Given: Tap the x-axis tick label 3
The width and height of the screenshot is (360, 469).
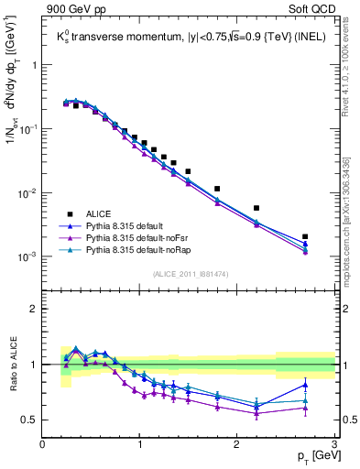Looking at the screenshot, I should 333,446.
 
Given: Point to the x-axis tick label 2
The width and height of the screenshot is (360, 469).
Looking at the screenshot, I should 236,446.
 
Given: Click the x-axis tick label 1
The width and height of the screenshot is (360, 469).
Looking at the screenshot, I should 140,446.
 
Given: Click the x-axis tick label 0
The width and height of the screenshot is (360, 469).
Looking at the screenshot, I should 43,446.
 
